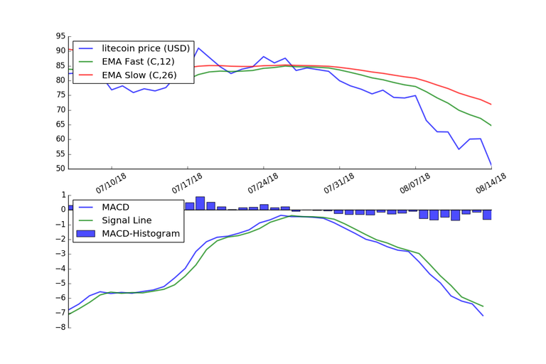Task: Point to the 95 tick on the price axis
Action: [x=60, y=36]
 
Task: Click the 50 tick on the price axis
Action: [x=60, y=168]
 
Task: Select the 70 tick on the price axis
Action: [x=60, y=109]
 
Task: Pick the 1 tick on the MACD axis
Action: [x=63, y=195]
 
